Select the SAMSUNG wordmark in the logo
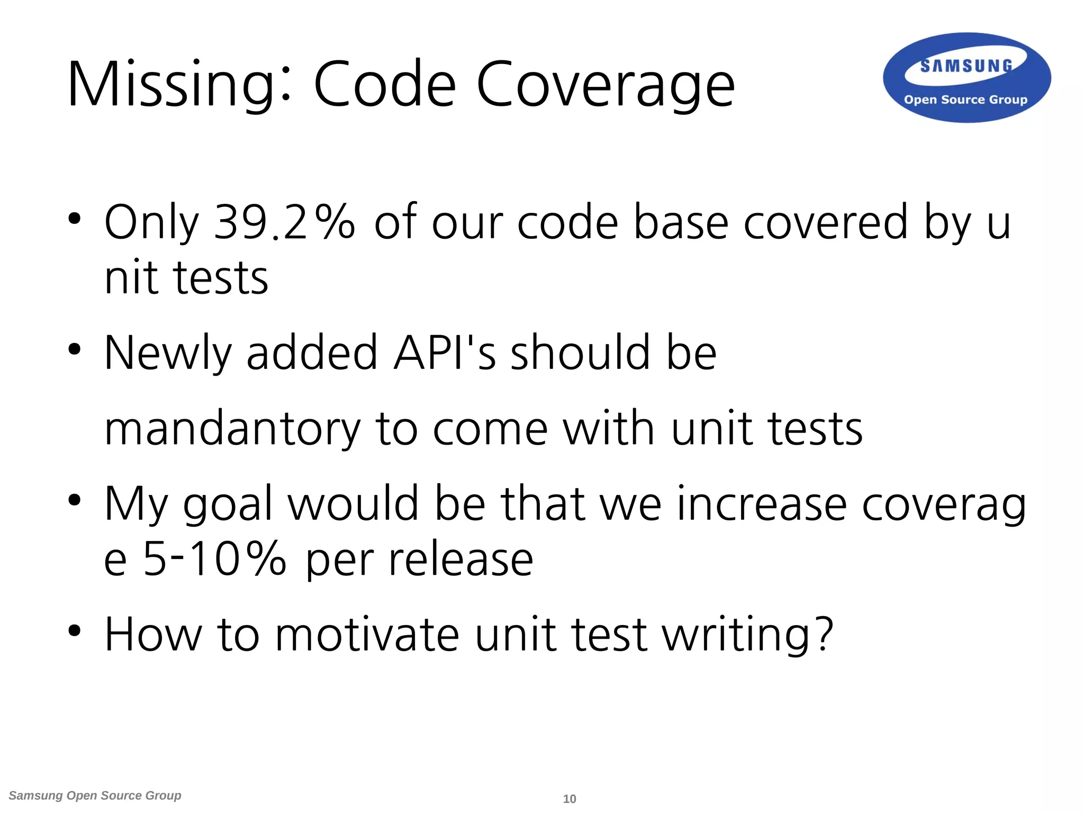(x=966, y=66)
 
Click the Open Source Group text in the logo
(x=965, y=100)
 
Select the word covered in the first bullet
(x=826, y=222)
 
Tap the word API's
(x=445, y=353)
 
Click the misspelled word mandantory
(x=233, y=429)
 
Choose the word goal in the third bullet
(x=228, y=504)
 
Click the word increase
(x=761, y=504)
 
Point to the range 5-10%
(x=214, y=559)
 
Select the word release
(x=460, y=559)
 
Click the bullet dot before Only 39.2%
(x=75, y=218)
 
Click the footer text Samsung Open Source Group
(x=95, y=796)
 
